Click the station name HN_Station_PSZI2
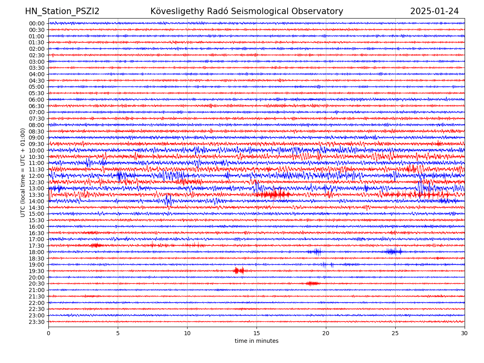tap(62, 12)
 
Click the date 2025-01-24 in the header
tap(434, 12)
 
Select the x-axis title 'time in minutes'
tap(257, 341)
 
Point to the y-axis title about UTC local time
tap(23, 172)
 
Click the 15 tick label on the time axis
tap(257, 334)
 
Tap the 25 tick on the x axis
tap(395, 334)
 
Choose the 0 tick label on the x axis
tap(48, 334)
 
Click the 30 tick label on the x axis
tap(465, 334)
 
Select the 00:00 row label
tap(36, 23)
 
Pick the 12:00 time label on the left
tap(36, 176)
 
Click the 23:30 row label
tap(36, 322)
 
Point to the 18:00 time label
tap(36, 252)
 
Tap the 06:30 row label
tap(36, 106)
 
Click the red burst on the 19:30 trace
tap(239, 271)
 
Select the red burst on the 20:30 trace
tap(312, 284)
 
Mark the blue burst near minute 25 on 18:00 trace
tap(393, 252)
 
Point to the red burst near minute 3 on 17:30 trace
tap(96, 245)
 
